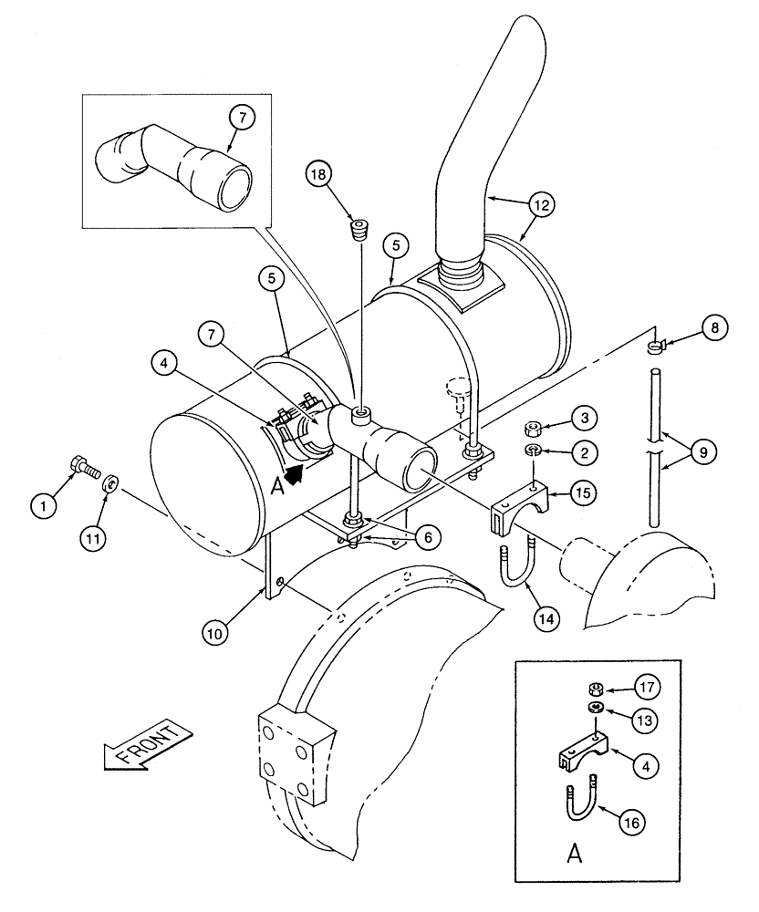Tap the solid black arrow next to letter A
point(294,473)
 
